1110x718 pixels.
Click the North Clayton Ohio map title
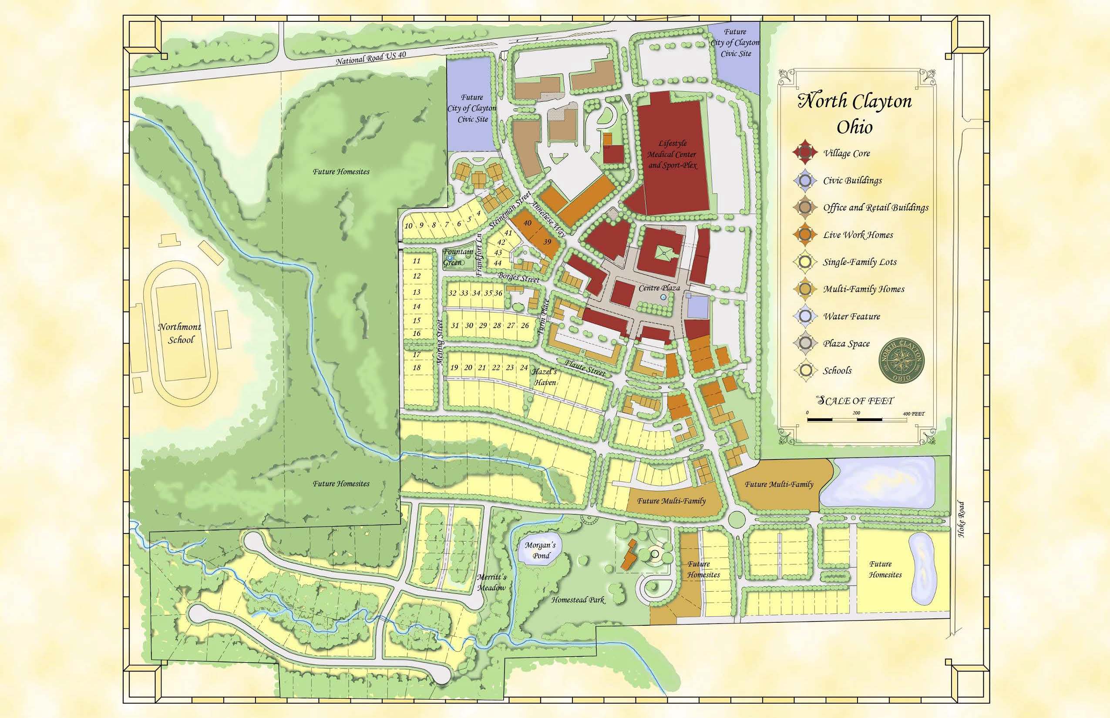(854, 113)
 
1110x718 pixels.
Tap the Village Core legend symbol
(805, 152)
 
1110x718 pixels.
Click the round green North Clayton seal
(901, 360)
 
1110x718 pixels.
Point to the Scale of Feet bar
(857, 419)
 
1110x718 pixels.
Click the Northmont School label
(180, 333)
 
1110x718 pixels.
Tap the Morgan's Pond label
(541, 550)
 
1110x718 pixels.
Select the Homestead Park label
(578, 600)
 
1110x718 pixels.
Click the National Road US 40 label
(371, 58)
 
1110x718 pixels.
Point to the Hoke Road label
(961, 519)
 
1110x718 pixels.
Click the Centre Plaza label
(659, 288)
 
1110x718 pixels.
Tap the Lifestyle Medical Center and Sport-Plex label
(672, 154)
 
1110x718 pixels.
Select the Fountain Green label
(457, 257)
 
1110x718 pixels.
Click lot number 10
(409, 226)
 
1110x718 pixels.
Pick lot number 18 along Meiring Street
(417, 367)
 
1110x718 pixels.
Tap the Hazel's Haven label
(545, 377)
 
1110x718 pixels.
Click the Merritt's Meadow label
(491, 582)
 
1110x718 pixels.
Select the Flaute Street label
(585, 368)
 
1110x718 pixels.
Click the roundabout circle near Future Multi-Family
(736, 518)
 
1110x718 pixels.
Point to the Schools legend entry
(837, 371)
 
